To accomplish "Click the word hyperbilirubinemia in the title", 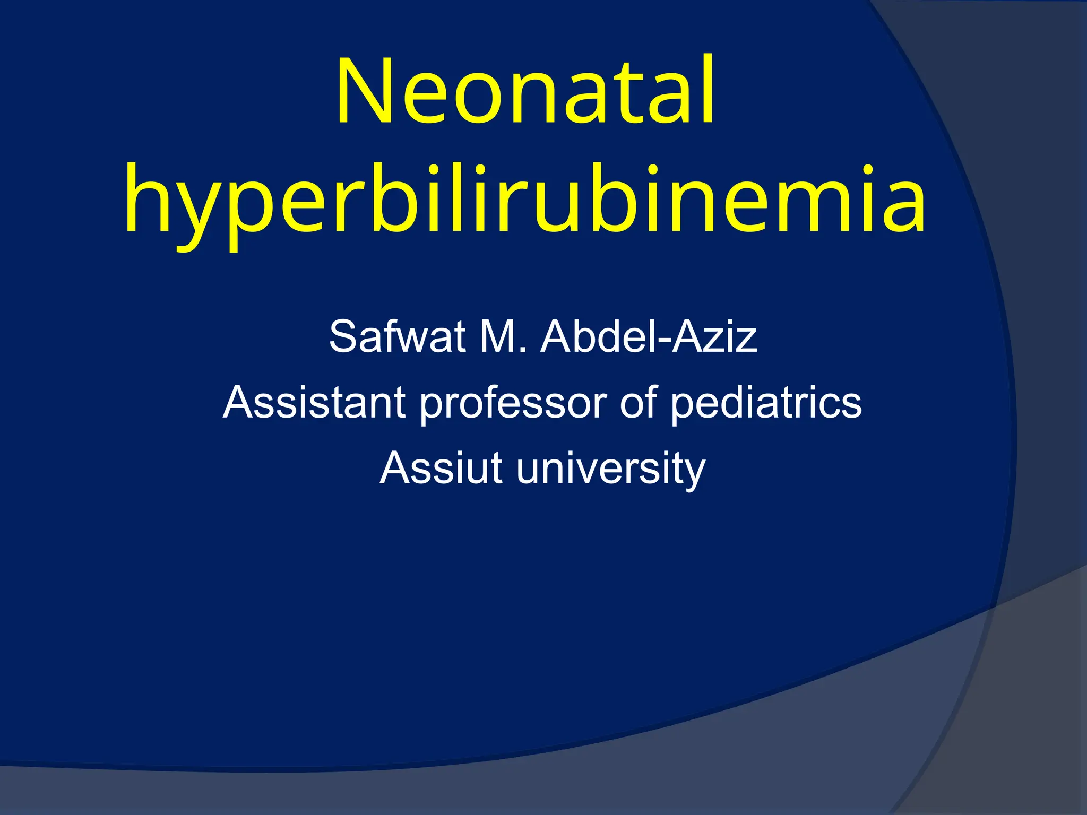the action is tap(525, 201).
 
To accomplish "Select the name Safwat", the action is tap(396, 336).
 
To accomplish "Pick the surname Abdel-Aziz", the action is tap(648, 336).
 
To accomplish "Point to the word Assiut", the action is tap(441, 469).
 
